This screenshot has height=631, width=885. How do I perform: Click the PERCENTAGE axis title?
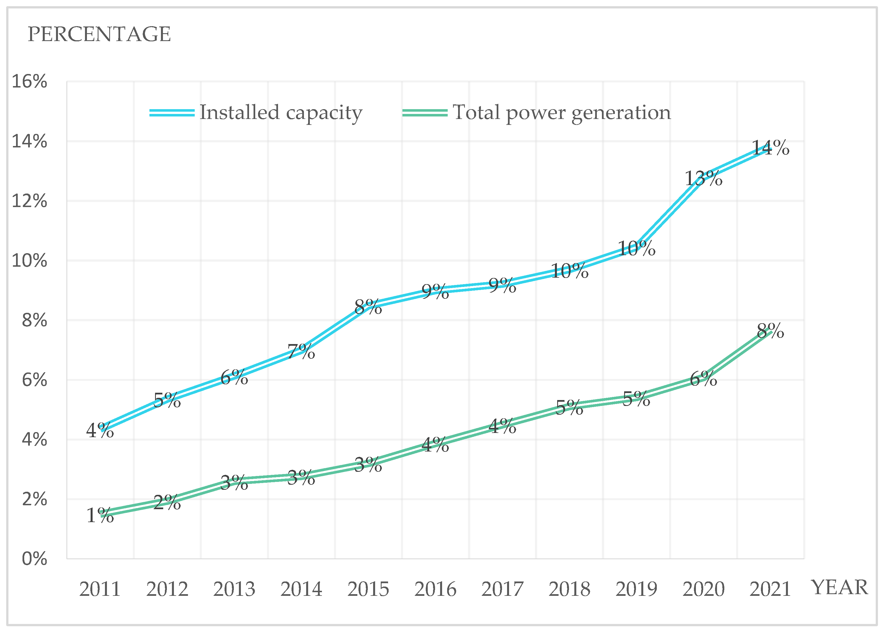tap(99, 34)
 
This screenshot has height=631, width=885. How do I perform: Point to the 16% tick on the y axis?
tap(30, 82)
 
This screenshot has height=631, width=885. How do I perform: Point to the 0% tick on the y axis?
tap(34, 559)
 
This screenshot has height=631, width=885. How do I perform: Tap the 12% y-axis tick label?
tap(30, 201)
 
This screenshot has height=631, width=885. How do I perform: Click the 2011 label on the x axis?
tap(100, 589)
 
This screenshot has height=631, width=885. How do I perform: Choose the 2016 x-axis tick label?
tap(435, 589)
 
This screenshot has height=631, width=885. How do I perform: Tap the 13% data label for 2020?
tap(703, 179)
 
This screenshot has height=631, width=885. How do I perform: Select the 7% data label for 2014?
tap(301, 352)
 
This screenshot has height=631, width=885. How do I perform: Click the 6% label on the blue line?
tap(234, 378)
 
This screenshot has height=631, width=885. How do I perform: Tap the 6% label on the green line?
tap(703, 379)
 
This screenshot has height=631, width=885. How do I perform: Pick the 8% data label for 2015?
tap(368, 307)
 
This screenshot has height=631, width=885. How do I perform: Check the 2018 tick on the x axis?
tap(569, 589)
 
